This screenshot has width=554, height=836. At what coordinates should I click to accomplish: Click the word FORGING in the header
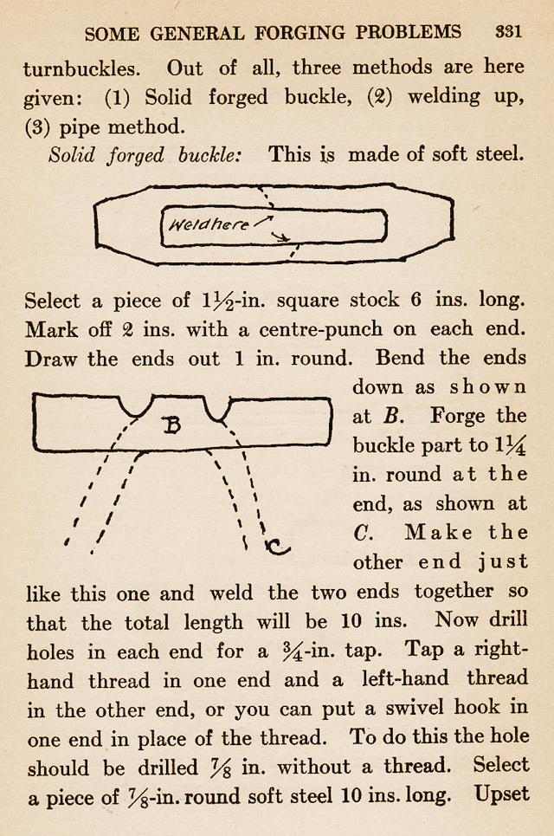283,32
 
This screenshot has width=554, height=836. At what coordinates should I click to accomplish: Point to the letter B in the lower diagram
172,425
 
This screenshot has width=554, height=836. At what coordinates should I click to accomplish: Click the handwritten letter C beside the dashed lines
278,547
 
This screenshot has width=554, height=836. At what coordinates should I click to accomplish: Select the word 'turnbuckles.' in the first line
87,68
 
